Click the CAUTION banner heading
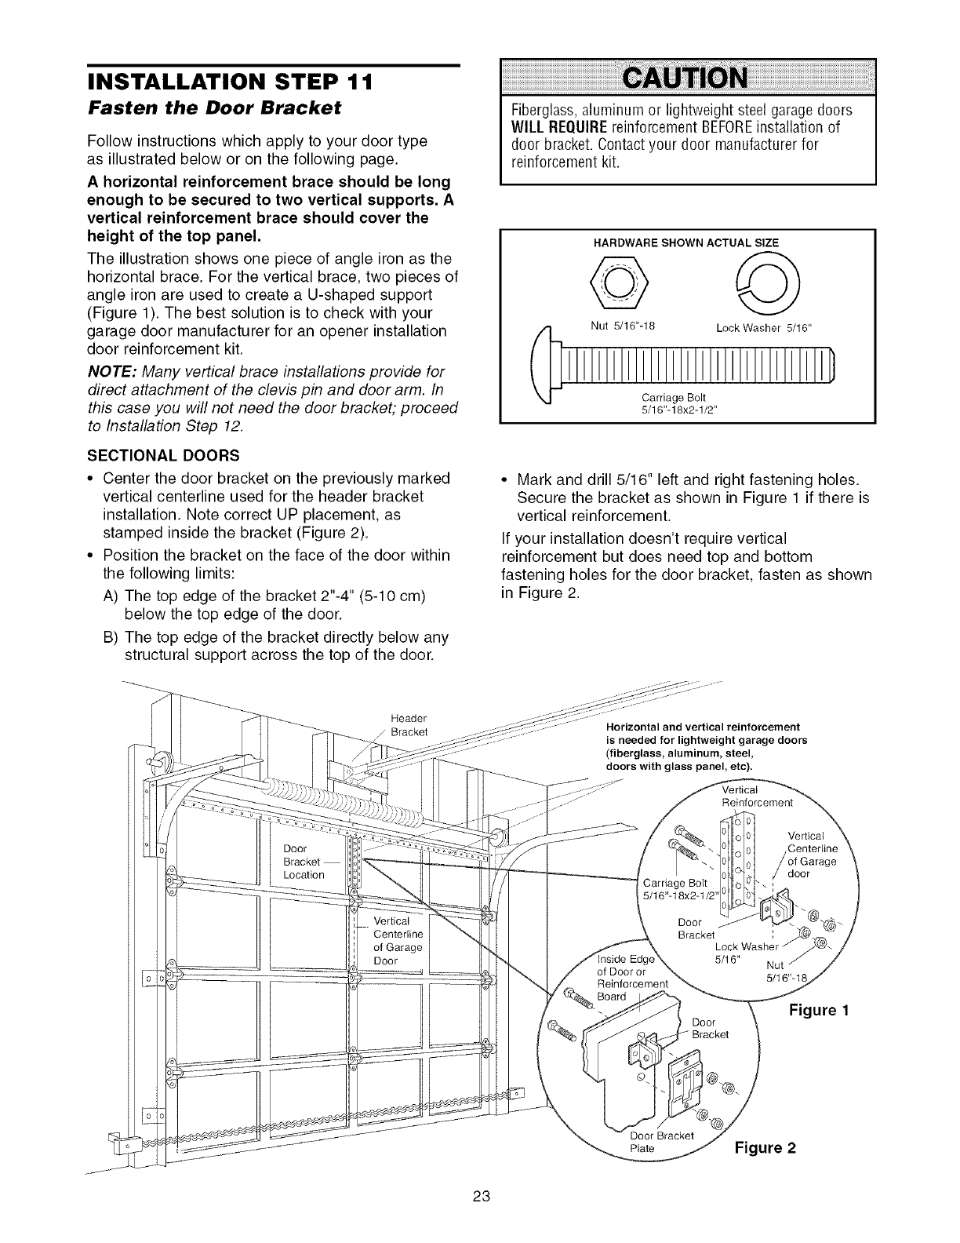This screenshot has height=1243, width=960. point(686,79)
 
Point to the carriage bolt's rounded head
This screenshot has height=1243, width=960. point(547,368)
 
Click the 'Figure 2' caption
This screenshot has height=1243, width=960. point(765,1148)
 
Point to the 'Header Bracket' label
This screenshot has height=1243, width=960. point(408,725)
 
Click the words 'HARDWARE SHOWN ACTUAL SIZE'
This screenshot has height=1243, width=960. point(686,243)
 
